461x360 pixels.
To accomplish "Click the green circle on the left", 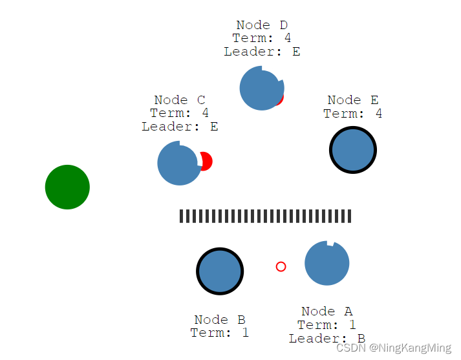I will point(67,187).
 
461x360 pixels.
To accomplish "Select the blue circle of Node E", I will point(353,151).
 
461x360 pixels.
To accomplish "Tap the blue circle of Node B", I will point(220,271).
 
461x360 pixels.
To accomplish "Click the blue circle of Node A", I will point(327,264).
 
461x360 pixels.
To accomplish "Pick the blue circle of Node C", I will point(178,164).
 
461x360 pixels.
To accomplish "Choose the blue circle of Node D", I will point(261,89).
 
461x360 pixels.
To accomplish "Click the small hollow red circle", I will point(281,266).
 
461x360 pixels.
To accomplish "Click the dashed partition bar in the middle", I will point(265,216).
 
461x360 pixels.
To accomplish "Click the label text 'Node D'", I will point(262,25).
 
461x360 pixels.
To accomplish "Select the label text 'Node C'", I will point(180,100).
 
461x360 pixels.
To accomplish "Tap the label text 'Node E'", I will point(353,100).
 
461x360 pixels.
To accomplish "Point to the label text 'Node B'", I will point(220,320).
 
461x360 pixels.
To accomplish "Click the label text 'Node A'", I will point(327,312).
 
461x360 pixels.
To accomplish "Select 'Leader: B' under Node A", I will point(327,339).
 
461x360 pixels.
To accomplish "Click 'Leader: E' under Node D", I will point(262,52).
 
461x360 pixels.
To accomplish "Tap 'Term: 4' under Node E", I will point(353,114).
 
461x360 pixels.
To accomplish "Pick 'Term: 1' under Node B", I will point(220,333).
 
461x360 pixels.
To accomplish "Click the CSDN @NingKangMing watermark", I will point(394,348).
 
